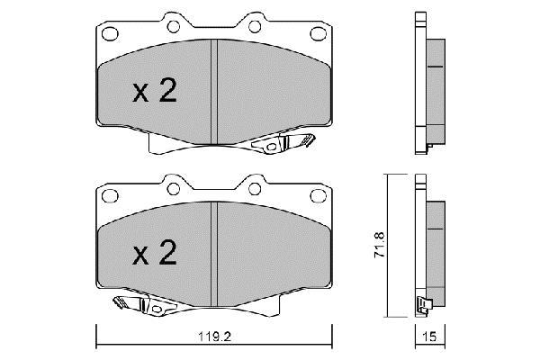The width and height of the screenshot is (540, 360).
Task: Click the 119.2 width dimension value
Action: (x=214, y=337)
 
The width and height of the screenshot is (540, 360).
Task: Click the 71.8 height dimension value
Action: (x=380, y=245)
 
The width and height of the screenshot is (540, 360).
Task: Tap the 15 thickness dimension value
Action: (x=429, y=337)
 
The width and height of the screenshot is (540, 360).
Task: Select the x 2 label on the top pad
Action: (x=155, y=91)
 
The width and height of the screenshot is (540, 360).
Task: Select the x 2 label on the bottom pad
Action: (x=155, y=253)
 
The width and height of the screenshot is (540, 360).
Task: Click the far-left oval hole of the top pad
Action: (x=110, y=34)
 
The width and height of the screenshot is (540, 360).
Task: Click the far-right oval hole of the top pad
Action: (x=319, y=34)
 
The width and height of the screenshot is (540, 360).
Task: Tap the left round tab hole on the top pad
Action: (x=173, y=26)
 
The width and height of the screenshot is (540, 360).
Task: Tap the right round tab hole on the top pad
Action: (x=255, y=26)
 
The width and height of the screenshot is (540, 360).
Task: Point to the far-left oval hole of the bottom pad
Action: (x=110, y=195)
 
